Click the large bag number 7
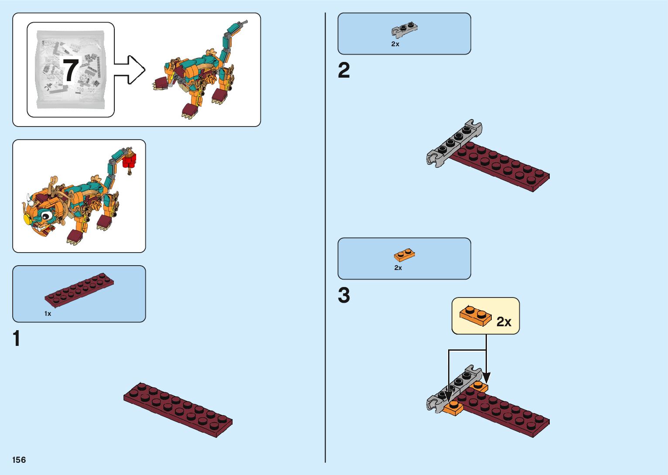71,70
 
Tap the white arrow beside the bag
130,70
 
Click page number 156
19,460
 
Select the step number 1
17,338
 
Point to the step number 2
344,70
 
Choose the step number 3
344,295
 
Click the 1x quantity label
48,314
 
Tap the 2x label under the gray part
395,44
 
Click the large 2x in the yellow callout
504,321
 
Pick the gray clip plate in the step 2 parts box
404,30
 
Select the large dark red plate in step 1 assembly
178,410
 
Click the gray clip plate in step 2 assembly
454,143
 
